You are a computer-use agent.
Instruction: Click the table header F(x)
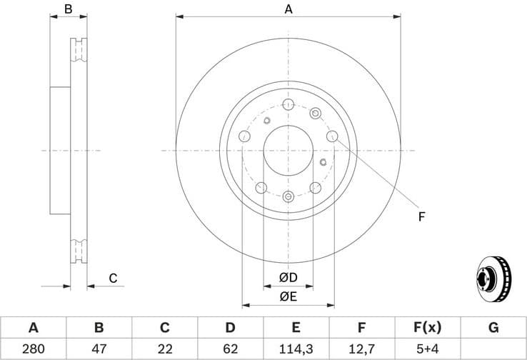click(427, 328)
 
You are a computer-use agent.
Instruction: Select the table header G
click(493, 328)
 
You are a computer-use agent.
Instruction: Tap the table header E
click(296, 328)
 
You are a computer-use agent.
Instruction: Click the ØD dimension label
click(288, 277)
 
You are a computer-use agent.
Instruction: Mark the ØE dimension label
click(288, 296)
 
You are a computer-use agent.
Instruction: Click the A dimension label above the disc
click(288, 9)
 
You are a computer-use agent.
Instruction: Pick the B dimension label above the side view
click(69, 9)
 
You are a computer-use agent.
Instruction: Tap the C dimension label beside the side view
click(113, 279)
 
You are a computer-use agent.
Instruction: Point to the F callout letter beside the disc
click(421, 216)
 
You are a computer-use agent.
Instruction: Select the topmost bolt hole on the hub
click(288, 105)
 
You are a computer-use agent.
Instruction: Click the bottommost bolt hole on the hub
click(288, 197)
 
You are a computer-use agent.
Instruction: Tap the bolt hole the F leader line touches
click(331, 136)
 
